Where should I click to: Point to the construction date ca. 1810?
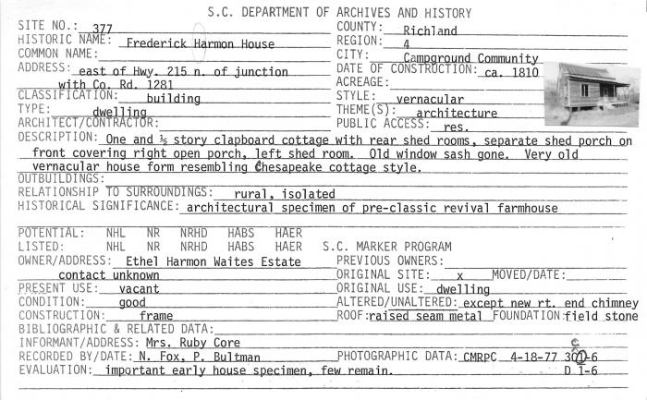(508, 71)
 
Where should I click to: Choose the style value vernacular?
(429, 99)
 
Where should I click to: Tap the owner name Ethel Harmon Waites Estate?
(214, 262)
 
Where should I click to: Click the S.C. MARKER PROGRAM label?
(387, 248)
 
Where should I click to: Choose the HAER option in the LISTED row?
(288, 248)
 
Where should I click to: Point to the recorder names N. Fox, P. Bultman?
(201, 358)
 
